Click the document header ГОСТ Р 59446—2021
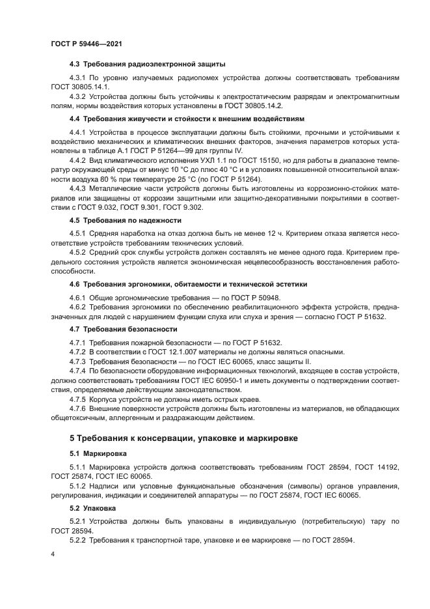point(87,43)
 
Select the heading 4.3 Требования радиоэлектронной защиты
point(147,64)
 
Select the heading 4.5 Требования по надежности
point(125,220)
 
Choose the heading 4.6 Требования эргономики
point(188,285)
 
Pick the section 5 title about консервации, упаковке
point(183,438)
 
